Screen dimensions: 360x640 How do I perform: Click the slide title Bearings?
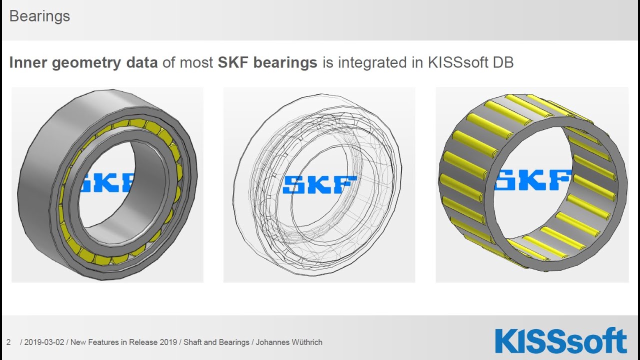tap(39, 16)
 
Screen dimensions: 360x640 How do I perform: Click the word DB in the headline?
tap(502, 62)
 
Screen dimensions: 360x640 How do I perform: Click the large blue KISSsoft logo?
tap(560, 341)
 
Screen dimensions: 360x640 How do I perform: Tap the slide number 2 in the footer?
tap(8, 342)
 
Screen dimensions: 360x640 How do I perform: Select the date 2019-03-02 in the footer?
tap(44, 342)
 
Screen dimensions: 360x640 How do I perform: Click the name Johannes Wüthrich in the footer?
tap(289, 342)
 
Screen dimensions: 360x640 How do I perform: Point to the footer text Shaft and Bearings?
tap(216, 342)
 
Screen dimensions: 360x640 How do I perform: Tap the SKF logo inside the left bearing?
tap(106, 183)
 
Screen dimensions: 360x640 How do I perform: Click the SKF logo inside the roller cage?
tap(533, 180)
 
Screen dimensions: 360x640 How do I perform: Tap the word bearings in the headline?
tap(285, 62)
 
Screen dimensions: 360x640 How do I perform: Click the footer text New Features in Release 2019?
tap(123, 342)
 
